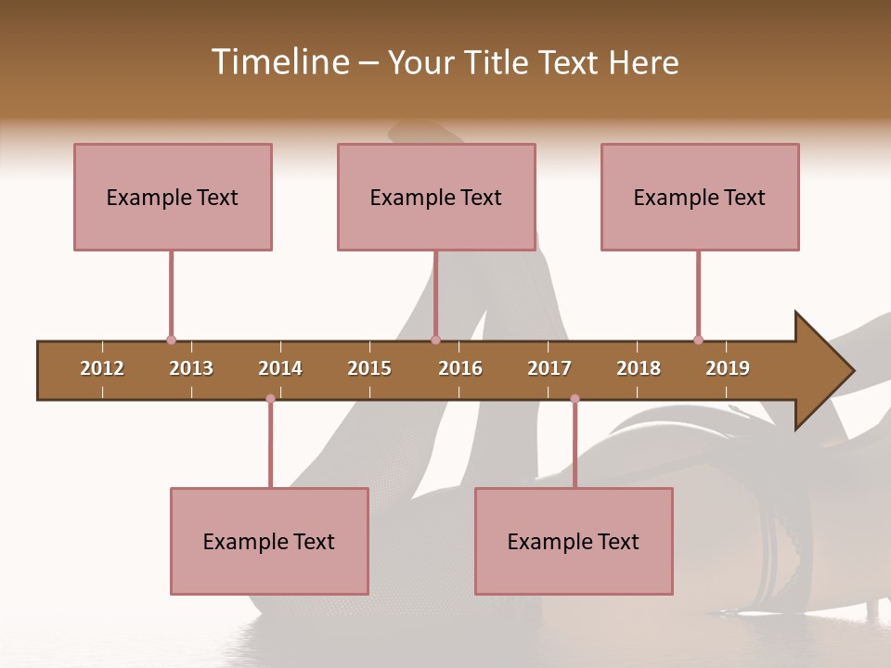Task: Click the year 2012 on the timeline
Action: (102, 368)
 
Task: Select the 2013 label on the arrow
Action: (191, 368)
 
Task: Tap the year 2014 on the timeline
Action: (280, 368)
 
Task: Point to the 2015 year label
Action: (369, 368)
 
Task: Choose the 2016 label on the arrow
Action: (460, 368)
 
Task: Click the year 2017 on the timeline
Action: (549, 368)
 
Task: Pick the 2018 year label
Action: (639, 368)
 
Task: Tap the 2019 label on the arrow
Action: (728, 368)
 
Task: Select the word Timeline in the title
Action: (278, 62)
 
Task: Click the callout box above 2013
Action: (173, 197)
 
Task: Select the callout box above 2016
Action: (436, 197)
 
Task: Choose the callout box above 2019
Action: (700, 197)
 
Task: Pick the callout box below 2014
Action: (269, 541)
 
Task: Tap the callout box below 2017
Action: (574, 541)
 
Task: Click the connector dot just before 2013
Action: (171, 340)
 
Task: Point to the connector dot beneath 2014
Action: (270, 399)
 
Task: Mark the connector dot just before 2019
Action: (698, 340)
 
